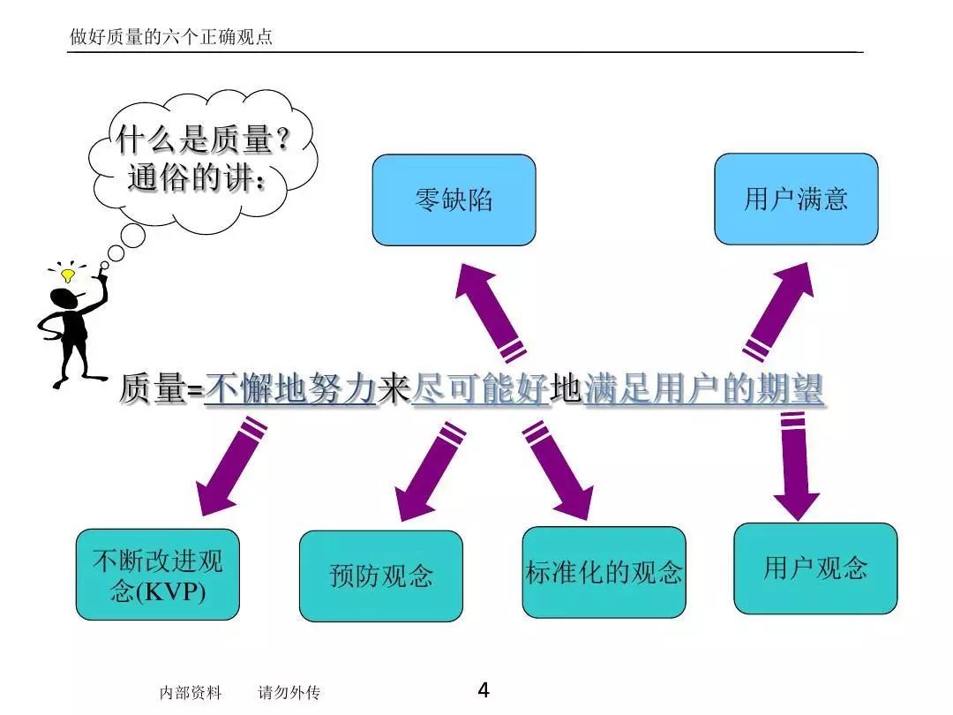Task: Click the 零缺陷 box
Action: (x=454, y=200)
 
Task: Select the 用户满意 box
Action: (x=796, y=199)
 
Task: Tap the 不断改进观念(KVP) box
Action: (x=158, y=576)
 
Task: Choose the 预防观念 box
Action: (x=381, y=576)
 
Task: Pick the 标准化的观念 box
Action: (x=604, y=572)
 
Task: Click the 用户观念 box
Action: (x=815, y=568)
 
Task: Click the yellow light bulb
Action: (x=67, y=275)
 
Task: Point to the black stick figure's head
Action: (x=65, y=300)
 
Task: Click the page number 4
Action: (x=483, y=690)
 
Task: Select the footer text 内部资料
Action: (x=191, y=693)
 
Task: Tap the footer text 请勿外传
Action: (x=289, y=693)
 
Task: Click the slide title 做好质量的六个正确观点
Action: (x=171, y=37)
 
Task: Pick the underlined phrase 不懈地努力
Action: (x=290, y=389)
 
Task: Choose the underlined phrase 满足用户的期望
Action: (x=703, y=389)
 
